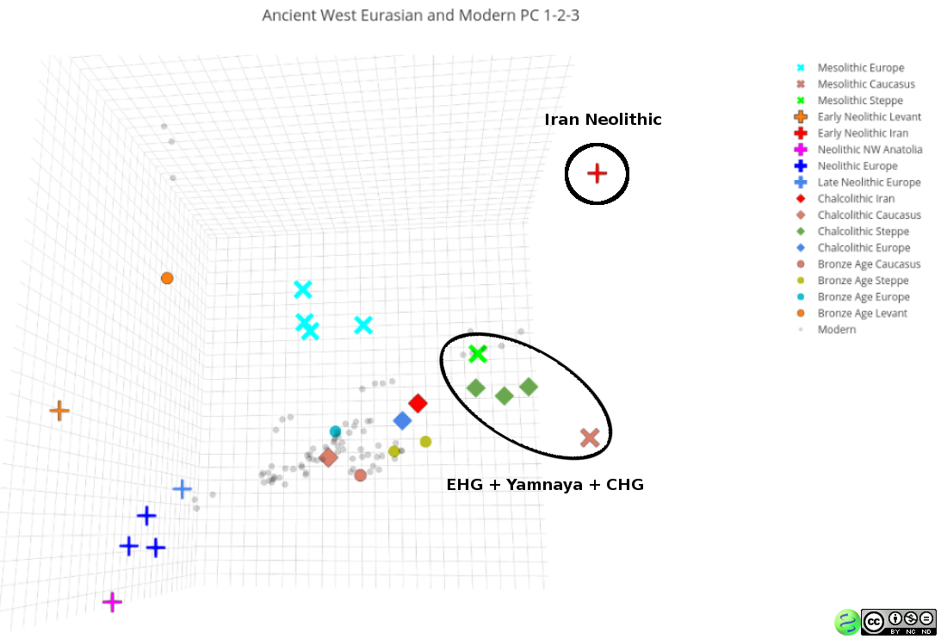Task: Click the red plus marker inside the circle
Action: click(x=597, y=174)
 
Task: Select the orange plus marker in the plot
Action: click(x=59, y=411)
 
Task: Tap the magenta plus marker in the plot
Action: click(x=112, y=602)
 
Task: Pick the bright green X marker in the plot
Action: click(x=478, y=354)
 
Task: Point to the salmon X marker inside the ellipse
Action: click(x=590, y=437)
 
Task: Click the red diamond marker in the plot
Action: click(x=418, y=403)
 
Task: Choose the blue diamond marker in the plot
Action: click(x=402, y=420)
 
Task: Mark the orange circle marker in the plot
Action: click(x=167, y=278)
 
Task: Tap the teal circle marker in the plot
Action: click(x=336, y=431)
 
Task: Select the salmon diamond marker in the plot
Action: click(x=328, y=457)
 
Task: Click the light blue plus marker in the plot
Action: click(x=182, y=489)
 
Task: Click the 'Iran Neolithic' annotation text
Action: click(x=603, y=120)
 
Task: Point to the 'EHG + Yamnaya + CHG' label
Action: click(x=545, y=485)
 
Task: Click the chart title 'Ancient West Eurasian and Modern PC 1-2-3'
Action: click(x=421, y=15)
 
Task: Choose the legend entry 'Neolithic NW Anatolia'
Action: click(x=859, y=150)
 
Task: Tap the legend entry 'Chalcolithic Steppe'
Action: click(x=853, y=231)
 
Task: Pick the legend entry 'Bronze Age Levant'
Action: click(x=851, y=313)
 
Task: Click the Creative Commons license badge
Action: click(x=899, y=622)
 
